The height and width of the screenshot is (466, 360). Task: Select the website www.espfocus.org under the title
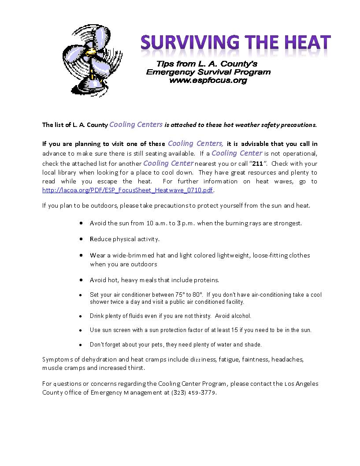point(208,81)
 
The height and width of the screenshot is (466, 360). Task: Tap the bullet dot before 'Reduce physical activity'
point(81,239)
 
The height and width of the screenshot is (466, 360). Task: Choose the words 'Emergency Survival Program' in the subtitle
point(208,72)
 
